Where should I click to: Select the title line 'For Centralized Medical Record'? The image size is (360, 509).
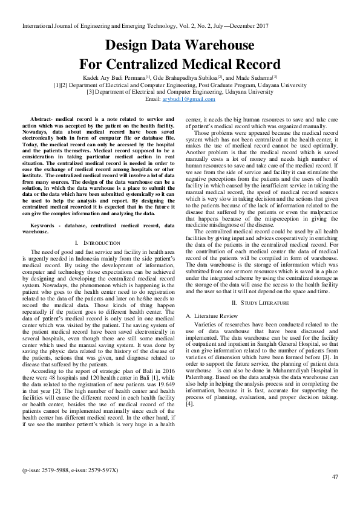pos(180,64)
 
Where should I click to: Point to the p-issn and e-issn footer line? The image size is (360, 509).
pos(70,469)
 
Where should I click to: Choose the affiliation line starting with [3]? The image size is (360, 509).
pos(180,92)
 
